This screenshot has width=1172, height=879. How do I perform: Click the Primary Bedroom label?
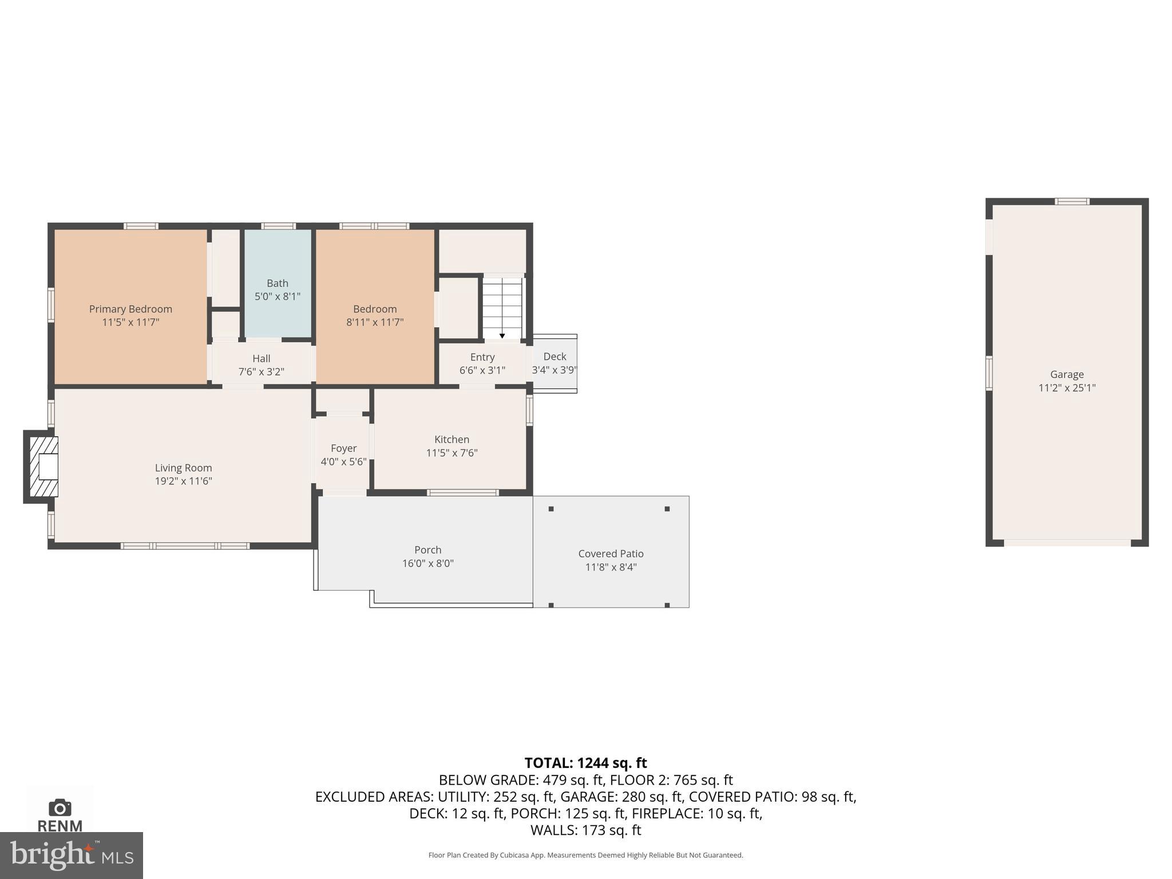(x=130, y=309)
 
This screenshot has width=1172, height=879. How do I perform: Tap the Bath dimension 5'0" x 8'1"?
(x=278, y=296)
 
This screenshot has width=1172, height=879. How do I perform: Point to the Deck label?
(x=555, y=357)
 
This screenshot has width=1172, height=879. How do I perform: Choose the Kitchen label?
(x=452, y=439)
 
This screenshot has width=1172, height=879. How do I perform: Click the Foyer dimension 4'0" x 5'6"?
(x=343, y=462)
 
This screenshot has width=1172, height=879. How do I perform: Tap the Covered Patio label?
(x=611, y=553)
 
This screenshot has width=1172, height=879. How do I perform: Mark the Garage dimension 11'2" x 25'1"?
(x=1067, y=388)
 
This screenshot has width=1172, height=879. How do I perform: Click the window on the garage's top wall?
(x=1072, y=201)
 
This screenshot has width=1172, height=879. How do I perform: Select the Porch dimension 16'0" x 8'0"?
(x=427, y=563)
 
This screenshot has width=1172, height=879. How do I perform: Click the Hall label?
(x=262, y=358)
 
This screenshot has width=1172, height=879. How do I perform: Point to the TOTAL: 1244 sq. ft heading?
(x=585, y=763)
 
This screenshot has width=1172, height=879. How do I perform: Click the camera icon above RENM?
(x=60, y=808)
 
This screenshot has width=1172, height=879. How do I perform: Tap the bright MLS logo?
(x=71, y=855)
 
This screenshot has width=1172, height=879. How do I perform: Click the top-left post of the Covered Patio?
(x=551, y=509)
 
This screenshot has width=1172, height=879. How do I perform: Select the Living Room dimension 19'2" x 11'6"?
(x=183, y=481)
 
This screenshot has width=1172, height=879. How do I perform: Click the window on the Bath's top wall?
(x=279, y=226)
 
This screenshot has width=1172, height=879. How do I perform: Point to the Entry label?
(x=482, y=357)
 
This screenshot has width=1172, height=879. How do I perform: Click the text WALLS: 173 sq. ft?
(x=585, y=830)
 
